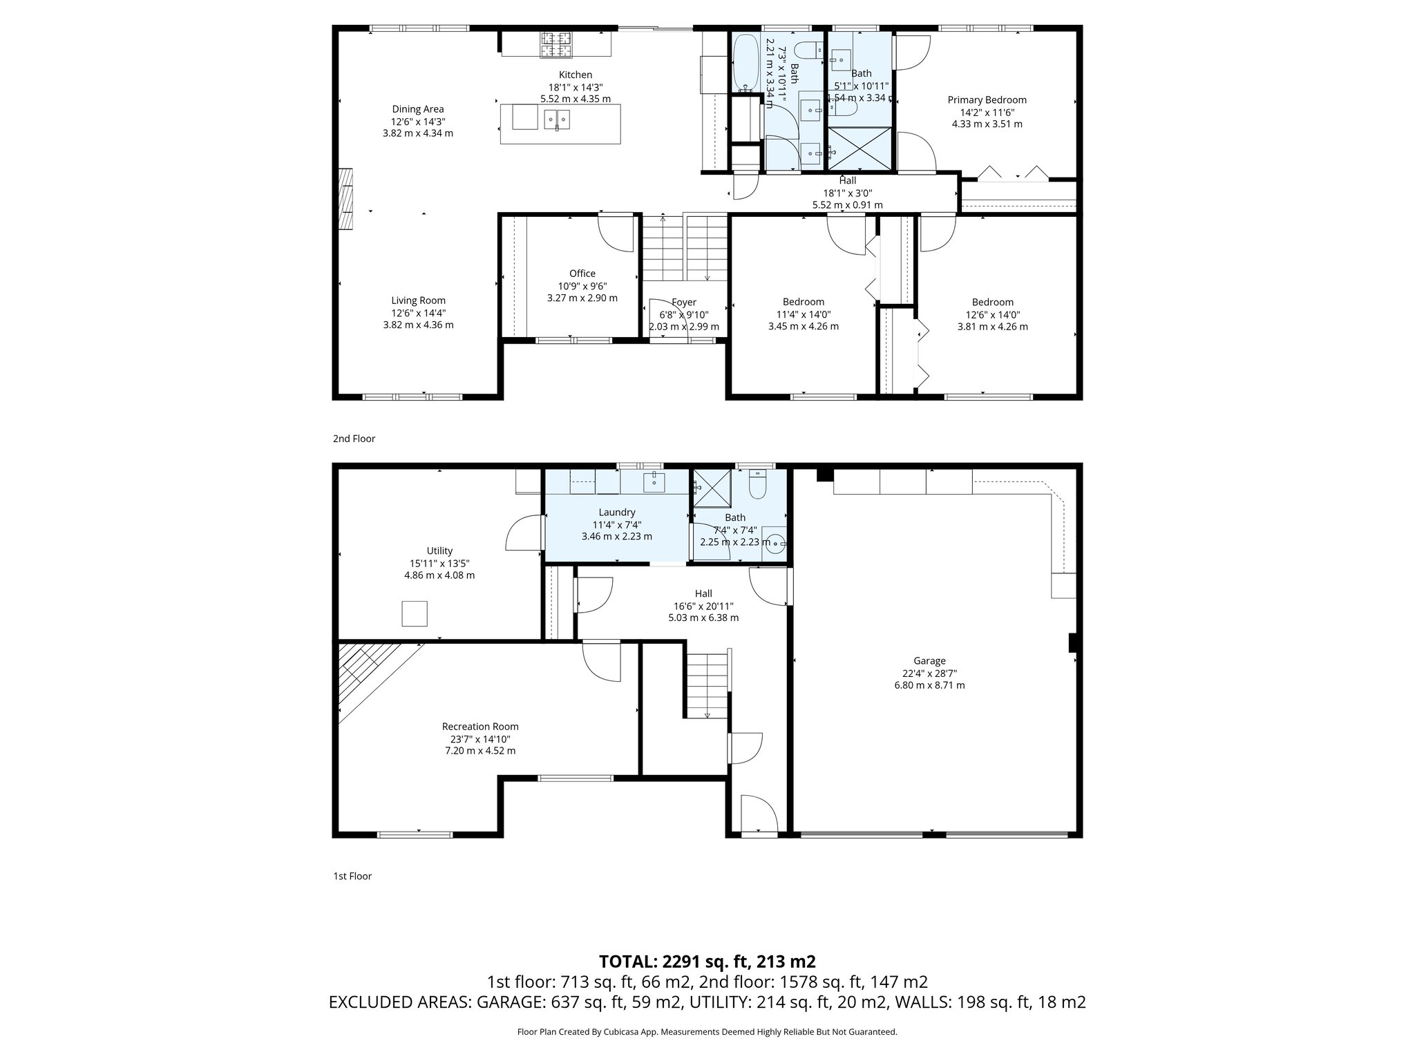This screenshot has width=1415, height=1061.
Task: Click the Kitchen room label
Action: (x=575, y=75)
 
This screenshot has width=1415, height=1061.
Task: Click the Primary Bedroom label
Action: (x=987, y=100)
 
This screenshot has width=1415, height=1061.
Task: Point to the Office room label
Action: (x=582, y=274)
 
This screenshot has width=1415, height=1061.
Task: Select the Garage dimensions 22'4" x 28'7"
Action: (x=929, y=673)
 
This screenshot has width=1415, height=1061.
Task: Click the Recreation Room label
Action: (x=480, y=727)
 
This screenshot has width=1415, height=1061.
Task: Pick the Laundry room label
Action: (x=617, y=513)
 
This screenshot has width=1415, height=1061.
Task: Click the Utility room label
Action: (x=439, y=551)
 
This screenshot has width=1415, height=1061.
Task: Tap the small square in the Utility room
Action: (x=415, y=613)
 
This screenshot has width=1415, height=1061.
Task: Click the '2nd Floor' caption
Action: (x=354, y=439)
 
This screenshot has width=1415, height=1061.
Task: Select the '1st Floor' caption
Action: (x=352, y=876)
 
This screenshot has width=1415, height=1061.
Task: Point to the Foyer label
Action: (x=684, y=303)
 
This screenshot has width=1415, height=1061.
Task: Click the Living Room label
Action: (x=418, y=300)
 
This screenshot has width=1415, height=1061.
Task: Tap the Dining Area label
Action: (x=418, y=109)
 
